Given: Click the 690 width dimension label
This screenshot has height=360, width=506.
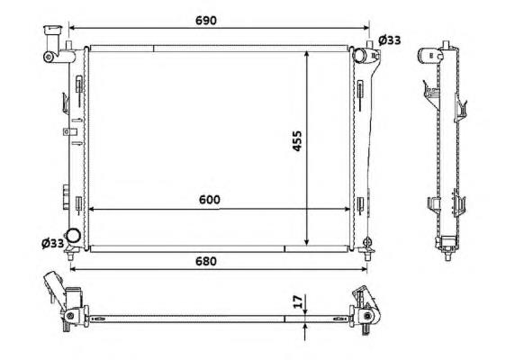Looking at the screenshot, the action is pos(206,21).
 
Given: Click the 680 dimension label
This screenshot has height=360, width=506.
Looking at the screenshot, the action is pos(206,261).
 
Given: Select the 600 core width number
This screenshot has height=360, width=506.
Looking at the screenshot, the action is pos(210,200).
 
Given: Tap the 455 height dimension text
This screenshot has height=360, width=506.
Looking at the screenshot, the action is pos(297,140).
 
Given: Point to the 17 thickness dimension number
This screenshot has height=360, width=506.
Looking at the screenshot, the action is pos(298,301).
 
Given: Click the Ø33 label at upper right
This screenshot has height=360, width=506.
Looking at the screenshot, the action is pos(389,40).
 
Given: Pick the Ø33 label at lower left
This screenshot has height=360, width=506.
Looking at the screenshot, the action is pos(53,243).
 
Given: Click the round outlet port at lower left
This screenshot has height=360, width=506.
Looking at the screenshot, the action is pos(73,236).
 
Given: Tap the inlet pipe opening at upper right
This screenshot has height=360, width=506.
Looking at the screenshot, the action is pos(359,55).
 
